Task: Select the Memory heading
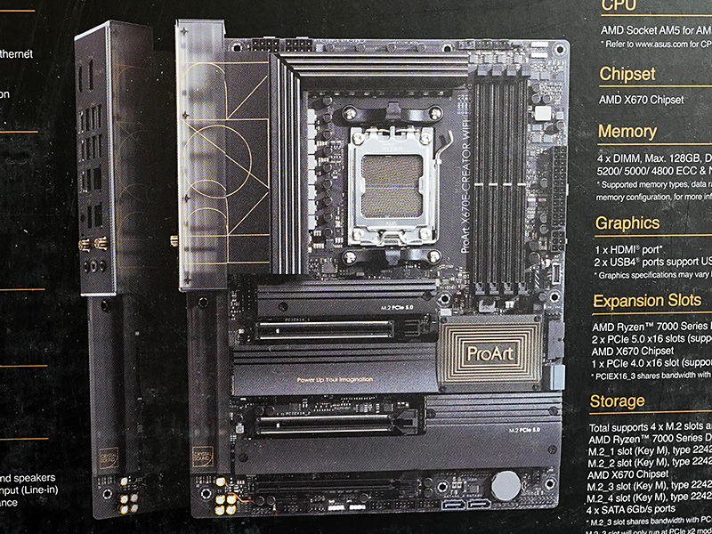tap(627, 132)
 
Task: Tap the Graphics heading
tap(627, 222)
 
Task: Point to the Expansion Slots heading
tap(647, 301)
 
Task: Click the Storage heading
tap(617, 401)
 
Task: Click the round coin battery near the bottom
tap(506, 485)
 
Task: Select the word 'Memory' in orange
tap(627, 132)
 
